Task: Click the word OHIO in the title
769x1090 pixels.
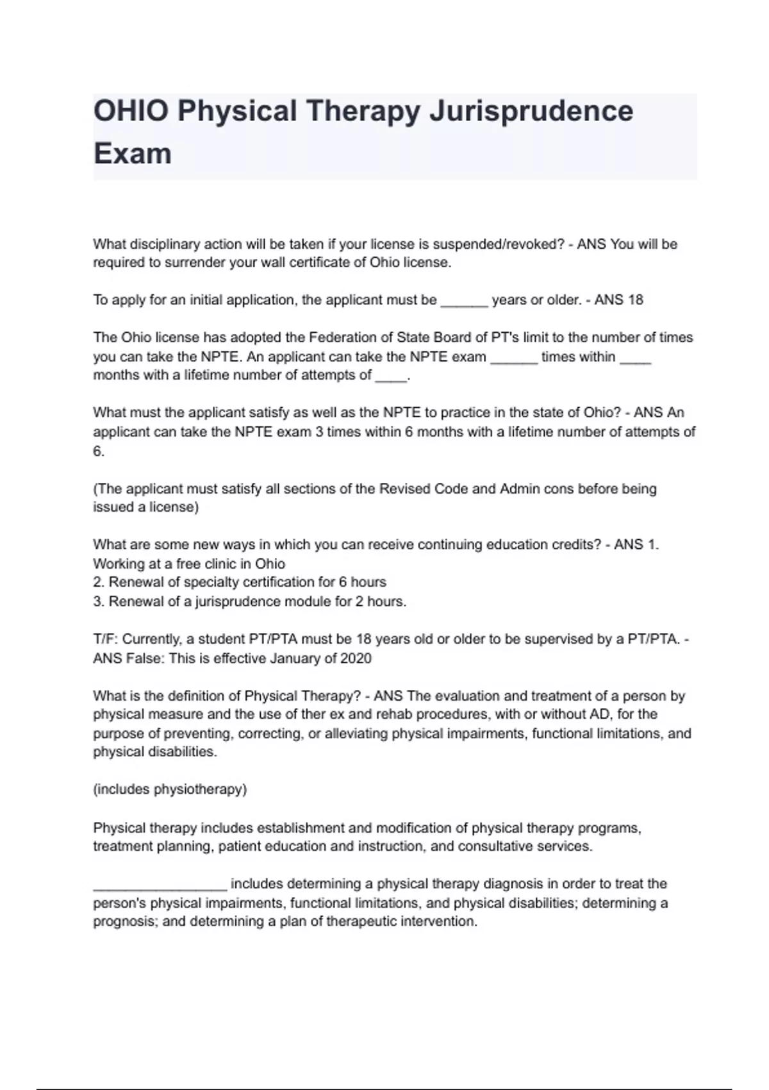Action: [x=131, y=111]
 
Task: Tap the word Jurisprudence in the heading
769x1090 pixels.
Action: [x=531, y=111]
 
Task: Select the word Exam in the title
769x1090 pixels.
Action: [x=133, y=154]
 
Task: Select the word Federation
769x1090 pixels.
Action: [x=342, y=337]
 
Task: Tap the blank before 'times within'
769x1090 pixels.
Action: [x=514, y=358]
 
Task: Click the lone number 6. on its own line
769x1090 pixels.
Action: [x=99, y=451]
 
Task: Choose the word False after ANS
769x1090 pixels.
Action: [x=144, y=658]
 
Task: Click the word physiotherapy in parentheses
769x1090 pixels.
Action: [x=199, y=789]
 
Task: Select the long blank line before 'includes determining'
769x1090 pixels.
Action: [x=160, y=885]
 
